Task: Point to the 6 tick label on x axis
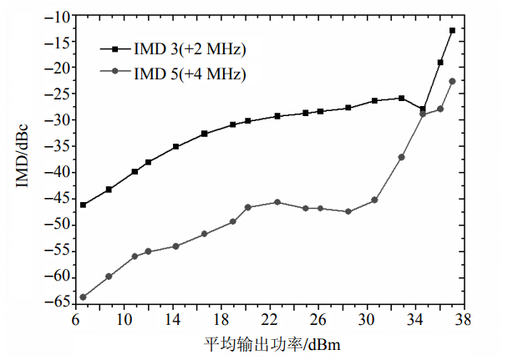(76, 320)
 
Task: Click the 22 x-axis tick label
(270, 320)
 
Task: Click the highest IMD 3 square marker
(452, 30)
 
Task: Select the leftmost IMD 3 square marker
(83, 205)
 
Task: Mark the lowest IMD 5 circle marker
(83, 297)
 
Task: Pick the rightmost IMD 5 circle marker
(452, 81)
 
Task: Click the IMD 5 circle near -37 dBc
(401, 157)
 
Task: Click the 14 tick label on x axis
(173, 320)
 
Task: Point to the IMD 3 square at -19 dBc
(440, 63)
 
